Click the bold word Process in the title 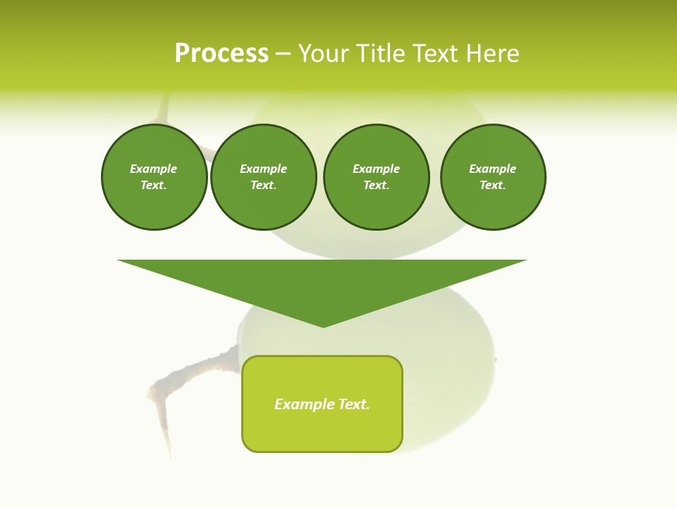(221, 54)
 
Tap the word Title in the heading (379, 54)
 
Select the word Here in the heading (493, 54)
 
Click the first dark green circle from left (154, 177)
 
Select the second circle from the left (264, 177)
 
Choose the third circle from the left (377, 177)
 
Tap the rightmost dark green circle (493, 177)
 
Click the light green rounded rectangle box (322, 404)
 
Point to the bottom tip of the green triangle (323, 325)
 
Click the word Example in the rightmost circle (493, 169)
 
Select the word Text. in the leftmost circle (154, 186)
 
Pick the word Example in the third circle (377, 169)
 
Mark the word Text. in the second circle (264, 186)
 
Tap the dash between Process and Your (283, 54)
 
